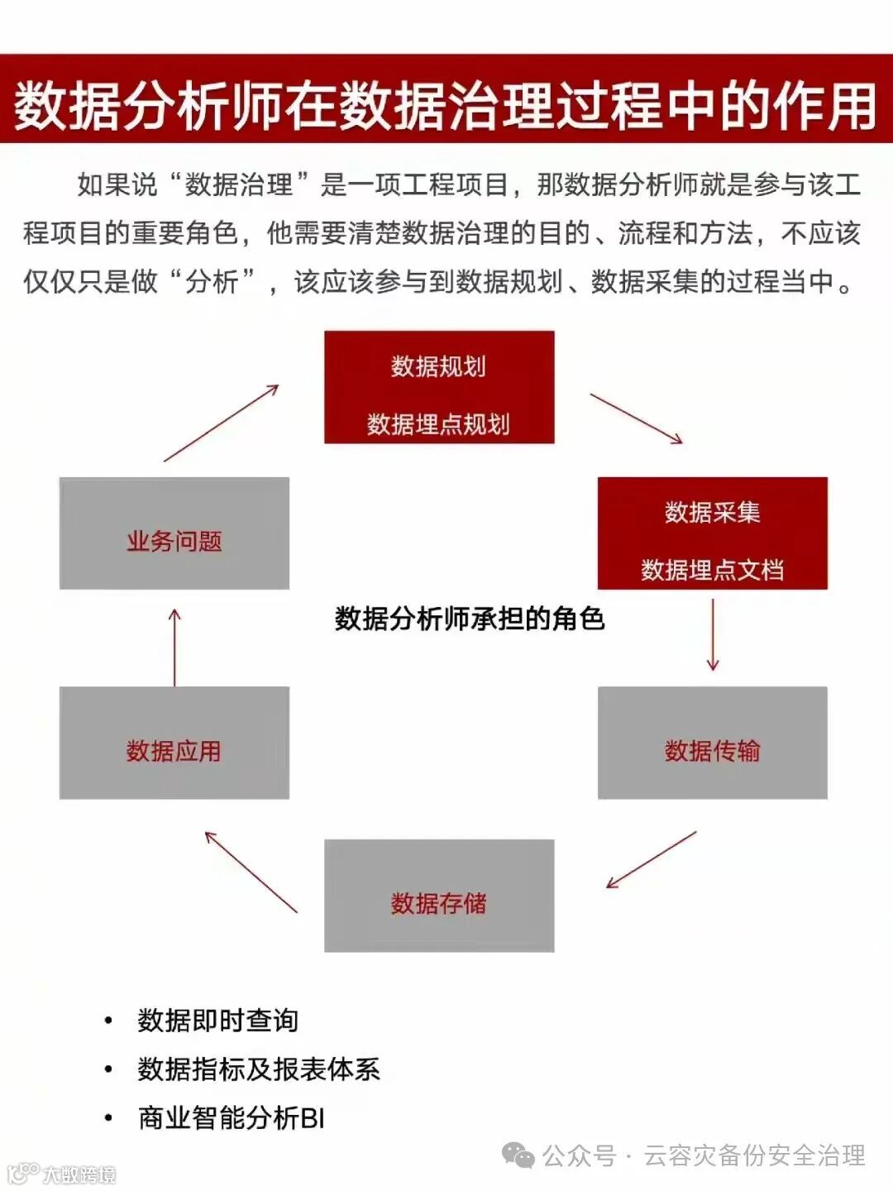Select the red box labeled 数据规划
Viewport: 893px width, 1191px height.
pos(439,386)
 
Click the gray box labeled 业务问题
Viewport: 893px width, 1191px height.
pos(174,533)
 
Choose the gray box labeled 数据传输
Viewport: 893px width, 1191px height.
pos(712,743)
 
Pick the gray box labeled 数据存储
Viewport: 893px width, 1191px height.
pos(439,896)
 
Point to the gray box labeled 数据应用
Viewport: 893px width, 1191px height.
pos(174,743)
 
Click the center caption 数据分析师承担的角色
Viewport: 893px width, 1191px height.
pos(469,619)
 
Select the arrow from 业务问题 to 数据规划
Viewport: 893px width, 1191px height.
pos(221,423)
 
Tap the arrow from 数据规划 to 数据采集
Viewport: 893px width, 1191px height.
pos(636,419)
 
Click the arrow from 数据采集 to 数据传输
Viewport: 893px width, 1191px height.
pos(713,634)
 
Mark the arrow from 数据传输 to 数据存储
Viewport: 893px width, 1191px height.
pos(652,859)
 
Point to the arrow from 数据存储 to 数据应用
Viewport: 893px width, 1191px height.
pos(251,872)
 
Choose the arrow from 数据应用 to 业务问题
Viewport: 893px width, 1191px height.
pos(174,648)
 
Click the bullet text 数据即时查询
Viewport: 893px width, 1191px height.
pos(217,1021)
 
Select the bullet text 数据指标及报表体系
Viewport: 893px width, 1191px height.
pos(258,1069)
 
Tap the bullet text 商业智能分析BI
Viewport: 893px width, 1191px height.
pos(232,1118)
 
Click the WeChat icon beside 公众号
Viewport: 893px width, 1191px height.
pos(518,1155)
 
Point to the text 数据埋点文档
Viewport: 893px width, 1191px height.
pos(712,570)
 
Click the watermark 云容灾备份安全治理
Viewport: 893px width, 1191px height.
pos(754,1155)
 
